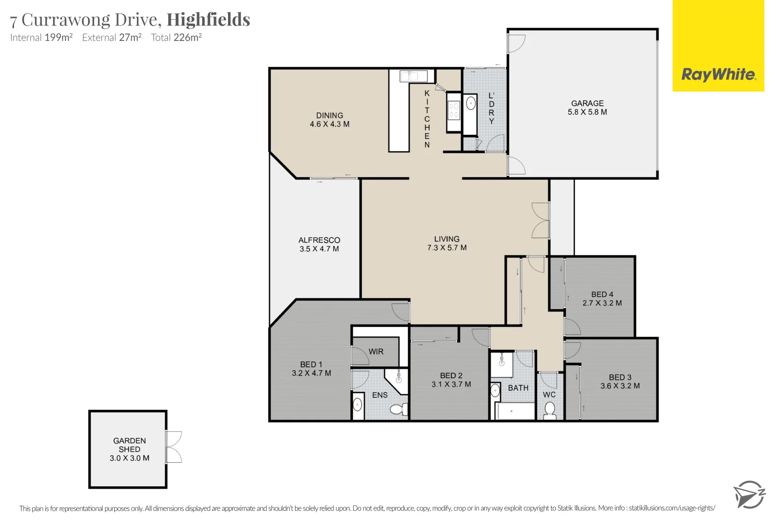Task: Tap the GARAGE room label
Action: (x=587, y=104)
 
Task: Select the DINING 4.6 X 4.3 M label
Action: (x=329, y=120)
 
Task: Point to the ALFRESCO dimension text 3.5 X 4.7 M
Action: (x=319, y=249)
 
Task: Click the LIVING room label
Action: (x=446, y=239)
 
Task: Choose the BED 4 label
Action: (x=602, y=294)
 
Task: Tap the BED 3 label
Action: (x=620, y=377)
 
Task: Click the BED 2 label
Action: (x=451, y=376)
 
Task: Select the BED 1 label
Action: (x=311, y=364)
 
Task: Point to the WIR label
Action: (x=376, y=352)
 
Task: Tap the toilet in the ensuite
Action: (x=399, y=409)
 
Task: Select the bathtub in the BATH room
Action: (x=514, y=411)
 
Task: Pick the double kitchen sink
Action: (x=414, y=76)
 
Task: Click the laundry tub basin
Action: (x=471, y=104)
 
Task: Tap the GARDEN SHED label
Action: (x=129, y=445)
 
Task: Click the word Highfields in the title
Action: (x=208, y=20)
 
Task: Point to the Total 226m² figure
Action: (x=176, y=37)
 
